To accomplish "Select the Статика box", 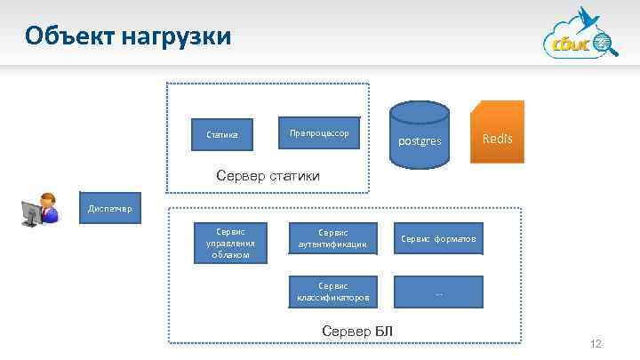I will click(x=222, y=135).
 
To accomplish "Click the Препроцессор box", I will click(x=319, y=133).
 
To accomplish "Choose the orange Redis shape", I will click(x=497, y=133).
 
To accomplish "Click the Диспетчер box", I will click(x=108, y=209).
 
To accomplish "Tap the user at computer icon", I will click(x=39, y=210).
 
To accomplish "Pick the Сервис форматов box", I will click(x=438, y=238).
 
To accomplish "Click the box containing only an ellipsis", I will click(x=438, y=292).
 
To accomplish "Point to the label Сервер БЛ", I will click(x=356, y=332).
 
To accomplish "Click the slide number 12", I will click(x=596, y=344).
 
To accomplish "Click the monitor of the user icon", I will click(x=31, y=213).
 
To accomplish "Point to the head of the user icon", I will click(x=46, y=199).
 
